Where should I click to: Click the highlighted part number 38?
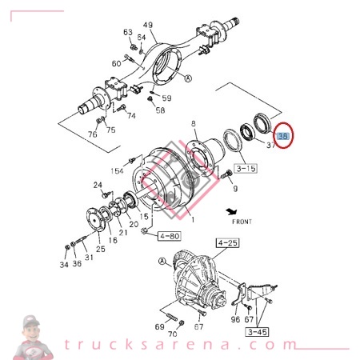[x=283, y=138]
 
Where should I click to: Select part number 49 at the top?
[x=147, y=26]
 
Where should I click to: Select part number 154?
[x=117, y=171]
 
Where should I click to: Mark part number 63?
[x=127, y=32]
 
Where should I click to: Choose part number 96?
[x=235, y=320]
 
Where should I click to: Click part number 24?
[x=98, y=186]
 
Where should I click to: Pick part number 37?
[x=270, y=145]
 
